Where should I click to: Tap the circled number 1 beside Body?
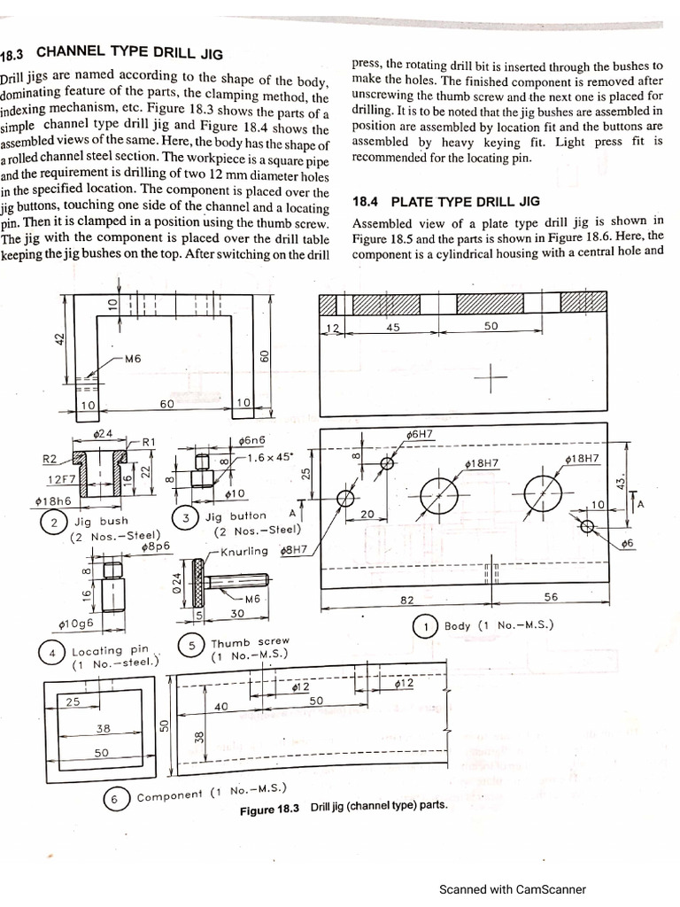(x=428, y=626)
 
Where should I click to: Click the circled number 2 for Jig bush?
(x=55, y=523)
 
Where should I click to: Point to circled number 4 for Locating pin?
(x=51, y=654)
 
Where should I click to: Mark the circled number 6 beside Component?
(x=114, y=798)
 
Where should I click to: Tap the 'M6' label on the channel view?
(x=134, y=359)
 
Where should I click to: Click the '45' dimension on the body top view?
(x=393, y=327)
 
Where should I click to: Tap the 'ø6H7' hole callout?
(x=420, y=435)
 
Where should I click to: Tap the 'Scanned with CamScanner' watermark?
(x=513, y=890)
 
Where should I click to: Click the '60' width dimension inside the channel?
(x=166, y=405)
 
